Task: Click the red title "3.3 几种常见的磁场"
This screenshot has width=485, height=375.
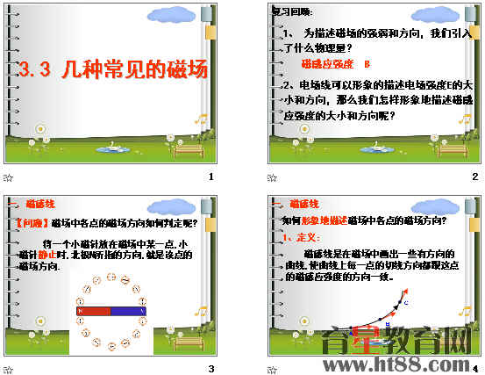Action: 114,71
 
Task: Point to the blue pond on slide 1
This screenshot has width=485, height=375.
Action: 110,149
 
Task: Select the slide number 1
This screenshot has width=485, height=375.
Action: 210,177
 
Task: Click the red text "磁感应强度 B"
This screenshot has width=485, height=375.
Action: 336,64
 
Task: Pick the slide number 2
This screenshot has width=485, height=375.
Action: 474,177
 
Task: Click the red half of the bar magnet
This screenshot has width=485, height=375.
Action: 94,311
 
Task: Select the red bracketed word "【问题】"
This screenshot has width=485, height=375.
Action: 33,223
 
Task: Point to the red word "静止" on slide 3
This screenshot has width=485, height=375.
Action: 46,254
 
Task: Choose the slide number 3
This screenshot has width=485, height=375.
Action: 210,368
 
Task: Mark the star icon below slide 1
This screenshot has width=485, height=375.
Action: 9,177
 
